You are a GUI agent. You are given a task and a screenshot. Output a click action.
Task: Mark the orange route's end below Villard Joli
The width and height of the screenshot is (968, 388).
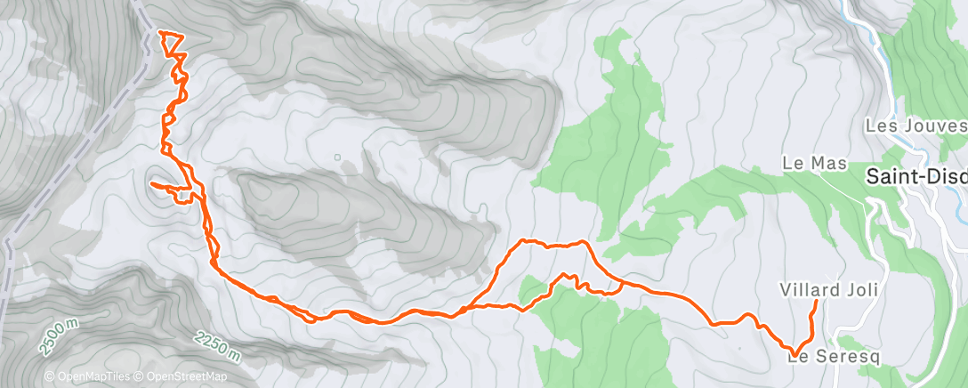click(817, 303)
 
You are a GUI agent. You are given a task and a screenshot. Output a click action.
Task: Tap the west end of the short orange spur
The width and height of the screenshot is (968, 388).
click(151, 184)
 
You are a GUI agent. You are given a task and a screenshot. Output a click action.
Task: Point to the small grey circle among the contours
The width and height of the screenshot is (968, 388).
click(337, 158)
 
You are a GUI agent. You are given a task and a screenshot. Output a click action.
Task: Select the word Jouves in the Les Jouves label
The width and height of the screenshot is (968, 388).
click(934, 126)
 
